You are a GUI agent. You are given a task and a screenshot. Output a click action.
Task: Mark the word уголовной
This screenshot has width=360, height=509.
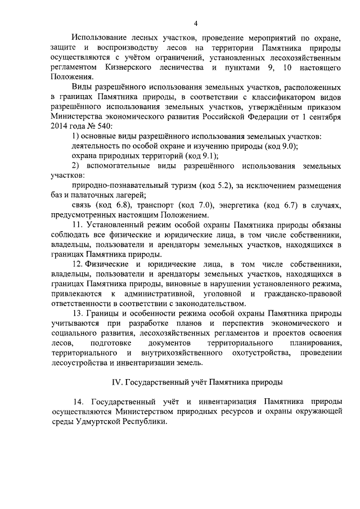coord(210,294)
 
